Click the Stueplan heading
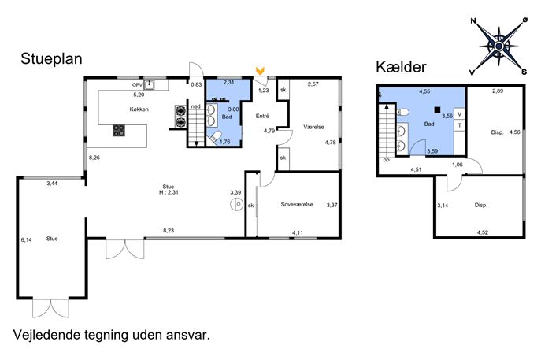[x=51, y=59]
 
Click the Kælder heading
[x=401, y=67]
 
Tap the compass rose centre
[x=498, y=46]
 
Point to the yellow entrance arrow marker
[x=260, y=71]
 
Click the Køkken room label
[x=139, y=109]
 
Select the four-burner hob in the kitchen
[x=119, y=131]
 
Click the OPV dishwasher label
[x=137, y=85]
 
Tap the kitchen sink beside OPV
[x=149, y=85]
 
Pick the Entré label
[x=262, y=117]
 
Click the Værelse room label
[x=313, y=127]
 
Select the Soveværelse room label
[x=297, y=204]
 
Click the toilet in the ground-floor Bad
[x=216, y=136]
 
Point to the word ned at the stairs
[x=195, y=106]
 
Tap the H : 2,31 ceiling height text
[x=169, y=192]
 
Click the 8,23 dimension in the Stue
[x=169, y=231]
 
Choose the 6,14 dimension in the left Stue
[x=26, y=240]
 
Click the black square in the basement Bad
[x=437, y=110]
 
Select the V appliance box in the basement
[x=459, y=114]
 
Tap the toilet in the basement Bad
[x=403, y=112]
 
